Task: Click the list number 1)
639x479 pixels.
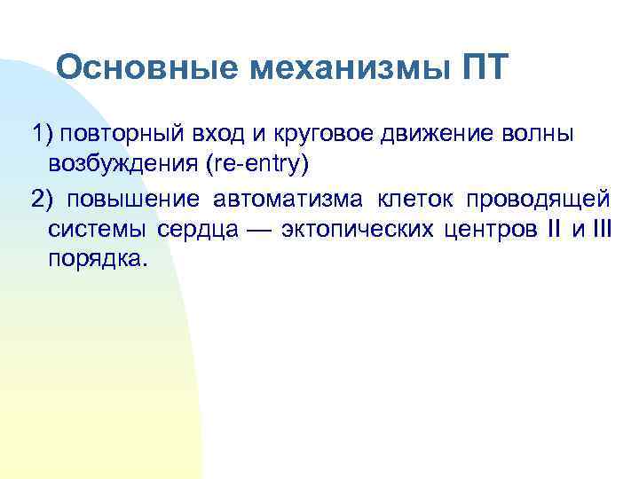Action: [43, 134]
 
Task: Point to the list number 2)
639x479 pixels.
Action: [43, 198]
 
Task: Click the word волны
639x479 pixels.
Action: [527, 134]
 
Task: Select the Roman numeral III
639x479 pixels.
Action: [600, 230]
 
